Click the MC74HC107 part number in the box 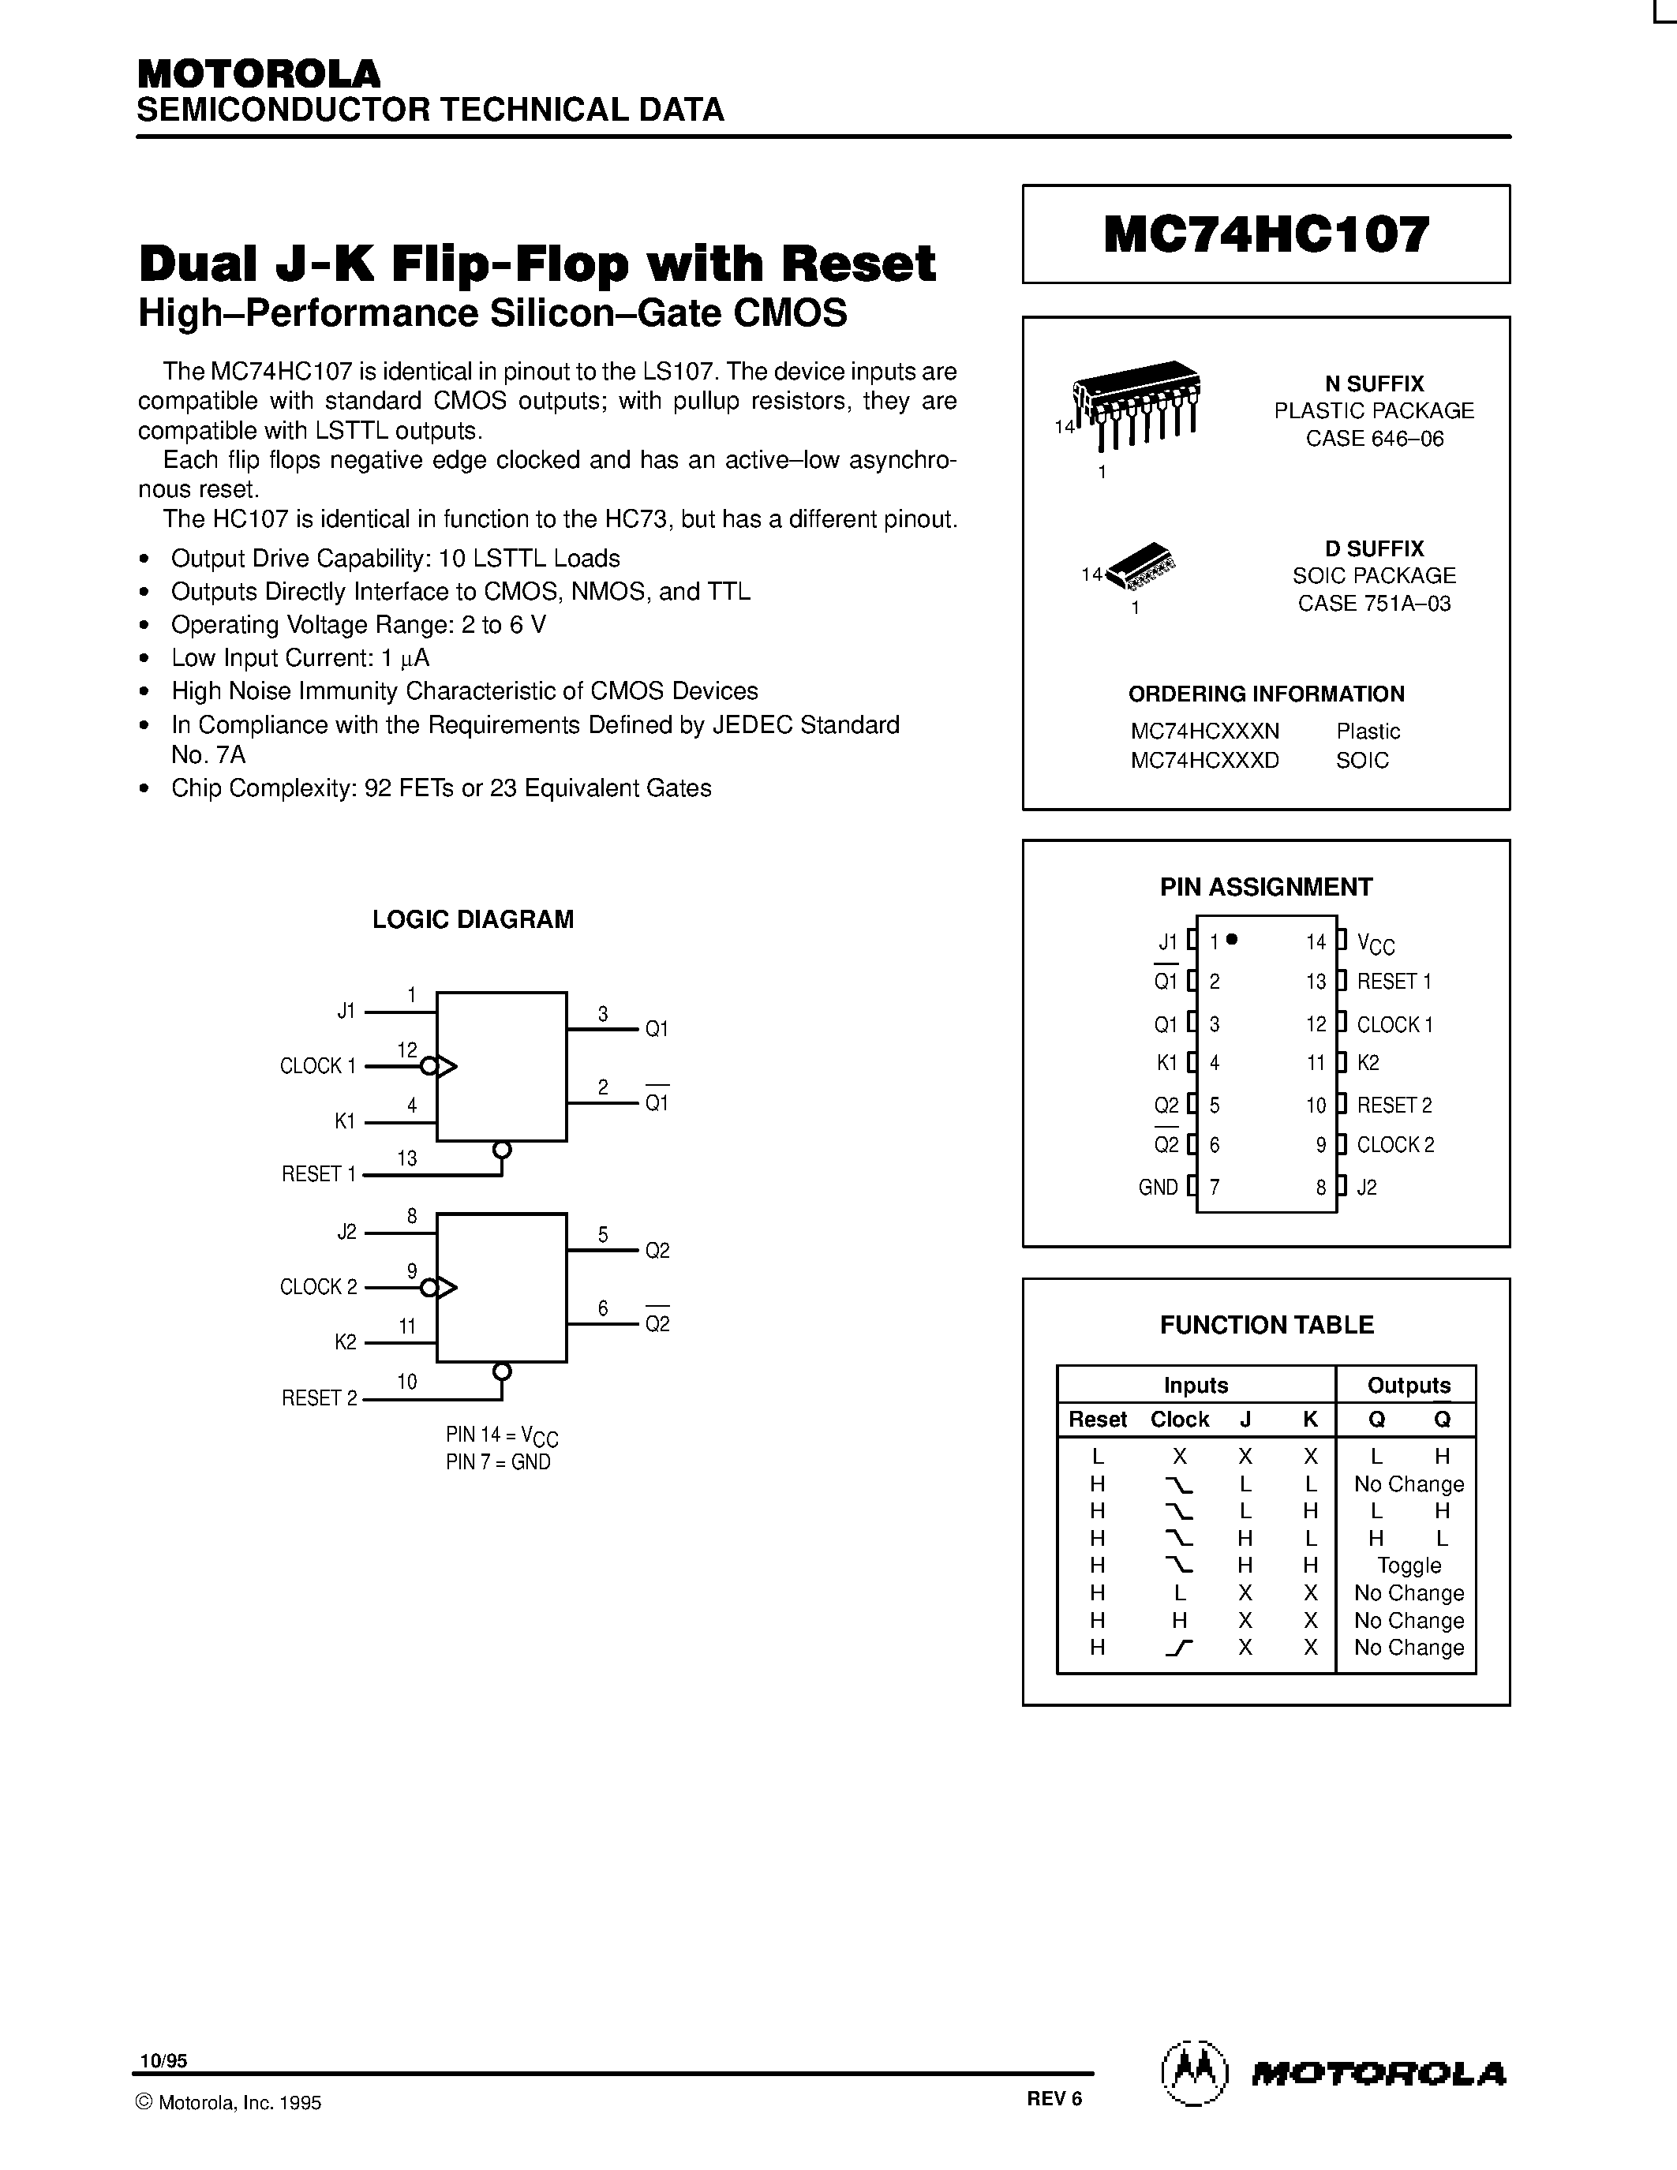tap(1266, 234)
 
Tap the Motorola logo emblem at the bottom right tap(1195, 2075)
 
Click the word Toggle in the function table tap(1408, 1566)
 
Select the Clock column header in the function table tap(1179, 1419)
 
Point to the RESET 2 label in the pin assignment tap(1394, 1105)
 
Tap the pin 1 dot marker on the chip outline tap(1232, 939)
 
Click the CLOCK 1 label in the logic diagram tap(317, 1066)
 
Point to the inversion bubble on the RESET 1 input tap(503, 1150)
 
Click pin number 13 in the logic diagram tap(406, 1158)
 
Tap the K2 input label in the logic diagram tap(345, 1342)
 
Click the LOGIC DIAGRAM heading tap(473, 919)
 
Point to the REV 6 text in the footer tap(1054, 2098)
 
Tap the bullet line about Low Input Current tap(299, 658)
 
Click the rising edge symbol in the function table tap(1178, 1648)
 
